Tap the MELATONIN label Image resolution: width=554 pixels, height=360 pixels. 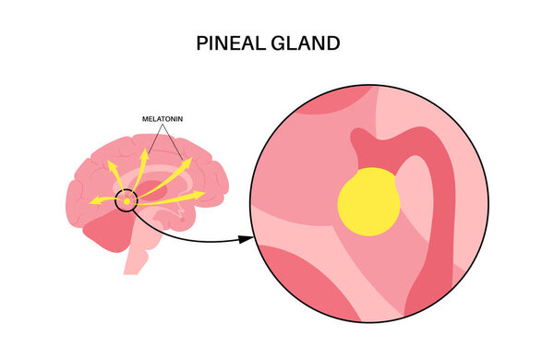coord(165,119)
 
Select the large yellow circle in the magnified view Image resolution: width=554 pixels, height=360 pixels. coord(369,202)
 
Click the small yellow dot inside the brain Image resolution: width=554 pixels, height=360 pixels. coord(126,201)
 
